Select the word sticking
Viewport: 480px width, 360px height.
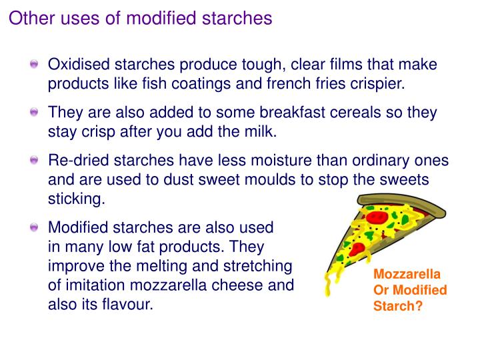pos(77,199)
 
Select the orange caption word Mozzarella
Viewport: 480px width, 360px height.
pos(407,275)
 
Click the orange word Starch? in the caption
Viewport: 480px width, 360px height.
pos(398,307)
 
